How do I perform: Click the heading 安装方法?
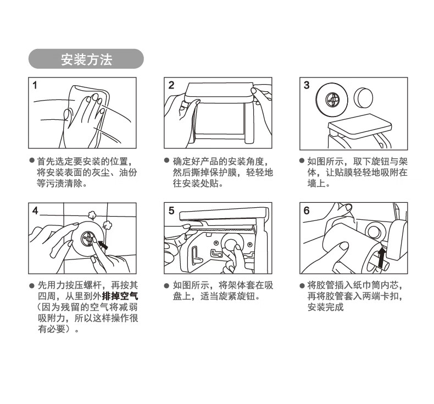pyautogui.click(x=86, y=59)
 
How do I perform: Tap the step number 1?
pyautogui.click(x=35, y=85)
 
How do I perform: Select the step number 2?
pyautogui.click(x=171, y=85)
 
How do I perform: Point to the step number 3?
pyautogui.click(x=307, y=85)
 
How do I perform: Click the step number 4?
pyautogui.click(x=35, y=211)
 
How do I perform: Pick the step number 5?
pyautogui.click(x=171, y=211)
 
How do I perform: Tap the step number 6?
pyautogui.click(x=307, y=211)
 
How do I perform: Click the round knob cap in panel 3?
pyautogui.click(x=363, y=97)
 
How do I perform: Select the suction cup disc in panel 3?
pyautogui.click(x=332, y=99)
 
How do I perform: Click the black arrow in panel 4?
pyautogui.click(x=103, y=245)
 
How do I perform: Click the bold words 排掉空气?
pyautogui.click(x=120, y=296)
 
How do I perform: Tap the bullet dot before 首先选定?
pyautogui.click(x=32, y=161)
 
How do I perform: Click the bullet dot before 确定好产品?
pyautogui.click(x=166, y=161)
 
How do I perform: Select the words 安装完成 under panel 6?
pyautogui.click(x=325, y=307)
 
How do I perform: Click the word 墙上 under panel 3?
pyautogui.click(x=316, y=183)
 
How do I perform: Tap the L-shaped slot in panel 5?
pyautogui.click(x=197, y=254)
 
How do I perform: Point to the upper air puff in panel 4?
pyautogui.click(x=92, y=214)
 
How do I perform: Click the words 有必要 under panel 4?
pyautogui.click(x=52, y=329)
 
